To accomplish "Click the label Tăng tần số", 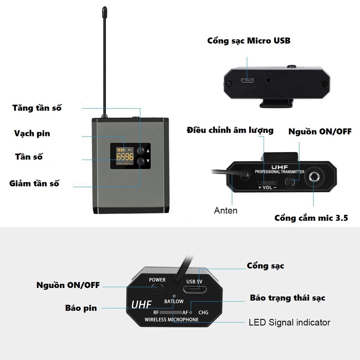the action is tap(37, 108).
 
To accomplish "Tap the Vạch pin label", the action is tap(32, 134).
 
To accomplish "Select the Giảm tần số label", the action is tap(34, 183).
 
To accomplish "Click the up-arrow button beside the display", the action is tap(141, 150).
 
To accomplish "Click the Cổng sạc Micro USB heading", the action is tap(249, 40).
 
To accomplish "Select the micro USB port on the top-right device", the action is tap(248, 80).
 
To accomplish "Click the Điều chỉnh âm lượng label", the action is tap(230, 130).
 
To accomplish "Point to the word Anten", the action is tap(226, 211).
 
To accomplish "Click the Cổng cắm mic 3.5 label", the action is tap(311, 218).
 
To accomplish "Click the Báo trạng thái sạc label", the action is tap(288, 298).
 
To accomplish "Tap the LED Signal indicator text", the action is tap(289, 322).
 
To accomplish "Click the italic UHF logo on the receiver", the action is tap(142, 304).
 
